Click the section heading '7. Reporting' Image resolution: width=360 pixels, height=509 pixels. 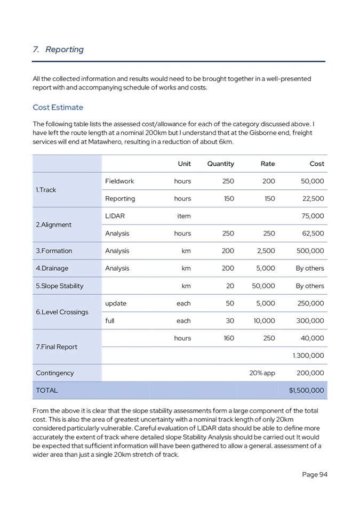[58, 50]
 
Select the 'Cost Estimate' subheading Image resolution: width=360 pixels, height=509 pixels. [58, 108]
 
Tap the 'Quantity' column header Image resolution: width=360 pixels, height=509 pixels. [221, 164]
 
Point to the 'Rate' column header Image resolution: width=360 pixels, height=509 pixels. [268, 164]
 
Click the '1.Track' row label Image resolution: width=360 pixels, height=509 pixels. [46, 190]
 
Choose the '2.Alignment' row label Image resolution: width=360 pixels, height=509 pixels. [53, 225]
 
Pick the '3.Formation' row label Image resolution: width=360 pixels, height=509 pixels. [54, 251]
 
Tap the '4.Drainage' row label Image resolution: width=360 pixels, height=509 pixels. [52, 269]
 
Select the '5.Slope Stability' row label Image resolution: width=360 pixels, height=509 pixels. [60, 286]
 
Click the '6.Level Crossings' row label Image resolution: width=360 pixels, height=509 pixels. [62, 312]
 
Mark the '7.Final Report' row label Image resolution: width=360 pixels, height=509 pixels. [57, 347]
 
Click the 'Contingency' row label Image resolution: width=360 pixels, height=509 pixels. [55, 373]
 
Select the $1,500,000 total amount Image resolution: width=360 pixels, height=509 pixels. [306, 391]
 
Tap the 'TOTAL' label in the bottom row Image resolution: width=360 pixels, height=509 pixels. [46, 391]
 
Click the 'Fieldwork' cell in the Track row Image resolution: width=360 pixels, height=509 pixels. [120, 181]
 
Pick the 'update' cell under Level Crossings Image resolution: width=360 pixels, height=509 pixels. [116, 303]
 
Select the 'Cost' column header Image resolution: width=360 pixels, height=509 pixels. [317, 164]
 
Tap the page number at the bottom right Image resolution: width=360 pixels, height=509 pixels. [315, 474]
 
